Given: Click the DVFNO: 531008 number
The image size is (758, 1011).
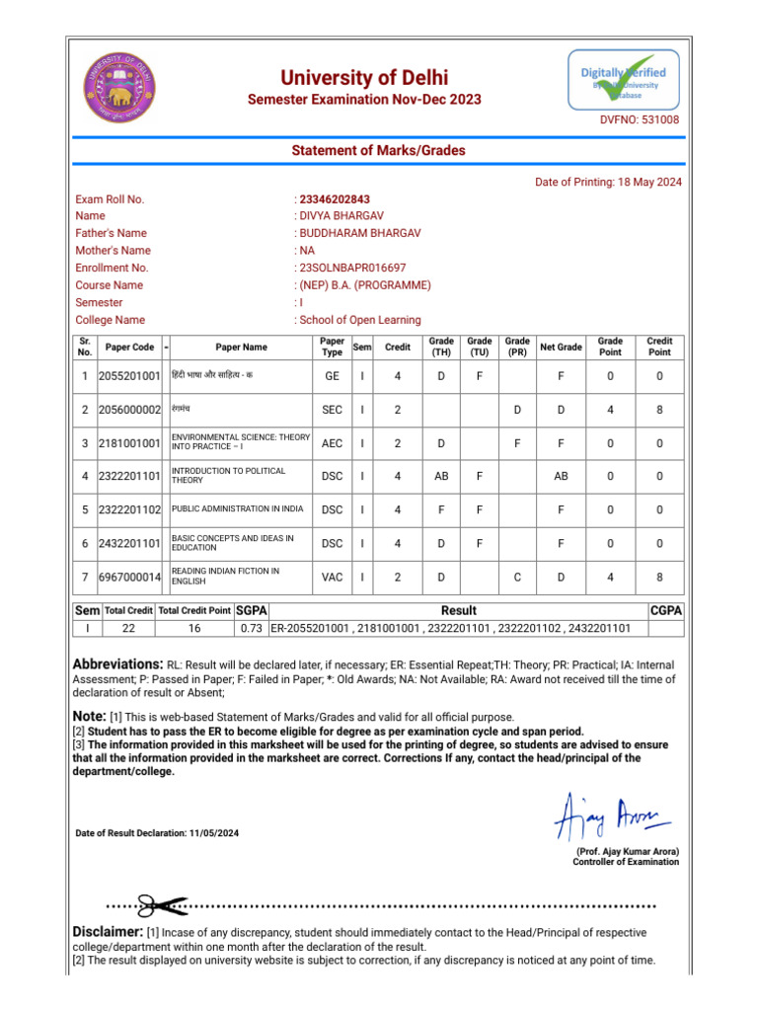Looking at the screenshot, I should click(x=640, y=119).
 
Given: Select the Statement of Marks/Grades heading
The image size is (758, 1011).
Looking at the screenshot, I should click(x=378, y=150).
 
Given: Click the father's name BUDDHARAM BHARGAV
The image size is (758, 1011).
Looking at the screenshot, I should click(x=359, y=233).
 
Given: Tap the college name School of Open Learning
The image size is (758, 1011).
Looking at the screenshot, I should click(x=359, y=320).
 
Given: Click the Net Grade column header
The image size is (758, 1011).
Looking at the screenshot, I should click(x=561, y=348).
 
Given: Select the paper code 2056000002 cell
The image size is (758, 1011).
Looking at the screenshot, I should click(x=129, y=410).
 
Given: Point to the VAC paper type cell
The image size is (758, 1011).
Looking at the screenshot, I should click(x=332, y=577).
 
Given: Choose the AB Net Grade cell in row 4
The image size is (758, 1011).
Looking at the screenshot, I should click(x=561, y=476).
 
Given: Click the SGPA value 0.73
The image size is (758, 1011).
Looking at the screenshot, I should click(x=250, y=628).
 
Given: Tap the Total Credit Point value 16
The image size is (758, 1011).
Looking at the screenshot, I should click(x=194, y=628).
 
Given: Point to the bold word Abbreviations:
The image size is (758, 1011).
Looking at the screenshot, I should click(x=117, y=664).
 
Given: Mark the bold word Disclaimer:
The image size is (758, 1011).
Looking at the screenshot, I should click(x=109, y=932).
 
